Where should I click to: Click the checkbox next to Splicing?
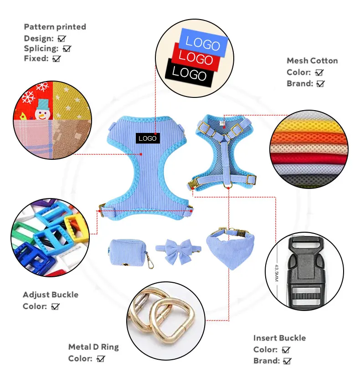[x=67, y=49]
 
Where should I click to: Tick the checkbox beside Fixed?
[x=57, y=59]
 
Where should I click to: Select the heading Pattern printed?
[x=55, y=27]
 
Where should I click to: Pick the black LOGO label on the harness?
[x=148, y=138]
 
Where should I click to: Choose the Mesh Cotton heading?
[x=312, y=61]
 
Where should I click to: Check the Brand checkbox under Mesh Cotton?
[x=320, y=84]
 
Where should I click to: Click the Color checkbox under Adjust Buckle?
[x=56, y=307]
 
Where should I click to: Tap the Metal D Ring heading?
[x=93, y=347]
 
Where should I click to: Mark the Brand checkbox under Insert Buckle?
[x=287, y=361]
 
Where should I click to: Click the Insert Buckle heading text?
[x=279, y=338]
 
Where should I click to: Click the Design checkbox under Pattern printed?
[x=62, y=39]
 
